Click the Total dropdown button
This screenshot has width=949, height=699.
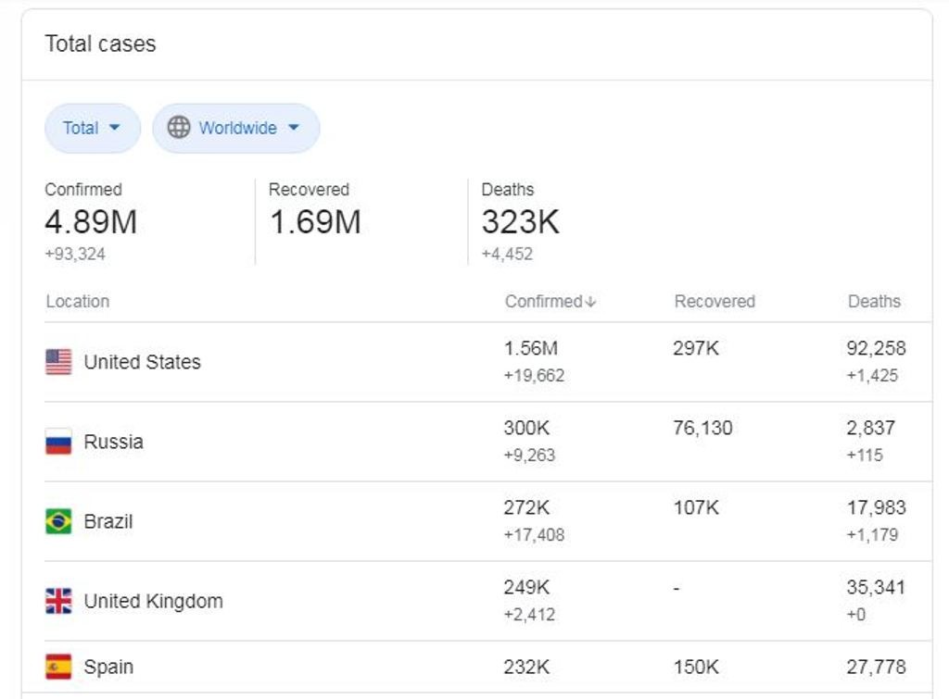pos(93,128)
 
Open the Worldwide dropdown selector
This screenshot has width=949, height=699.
pos(236,128)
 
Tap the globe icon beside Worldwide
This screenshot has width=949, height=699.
pos(179,128)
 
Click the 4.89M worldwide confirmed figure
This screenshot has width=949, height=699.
pos(91,222)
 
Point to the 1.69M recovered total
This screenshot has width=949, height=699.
pos(315,222)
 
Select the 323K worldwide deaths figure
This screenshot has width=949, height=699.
pos(521,222)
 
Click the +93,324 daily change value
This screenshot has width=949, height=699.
pos(75,254)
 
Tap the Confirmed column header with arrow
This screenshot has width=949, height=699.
pos(550,301)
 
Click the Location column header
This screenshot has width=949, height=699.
pos(78,301)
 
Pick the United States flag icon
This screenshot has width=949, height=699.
pos(58,362)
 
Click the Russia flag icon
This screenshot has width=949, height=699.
pos(58,442)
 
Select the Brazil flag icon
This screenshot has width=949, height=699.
pos(58,521)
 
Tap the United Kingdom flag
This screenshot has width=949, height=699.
pos(58,601)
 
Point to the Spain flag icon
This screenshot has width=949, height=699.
pos(58,667)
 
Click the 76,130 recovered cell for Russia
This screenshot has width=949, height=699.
pos(702,428)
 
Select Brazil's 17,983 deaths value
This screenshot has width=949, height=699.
pos(877,508)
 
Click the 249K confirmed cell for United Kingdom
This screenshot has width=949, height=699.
pos(526,588)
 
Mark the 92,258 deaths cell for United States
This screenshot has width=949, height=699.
pos(877,348)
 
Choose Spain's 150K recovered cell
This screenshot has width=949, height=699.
pos(696,667)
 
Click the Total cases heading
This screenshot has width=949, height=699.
pos(100,44)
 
